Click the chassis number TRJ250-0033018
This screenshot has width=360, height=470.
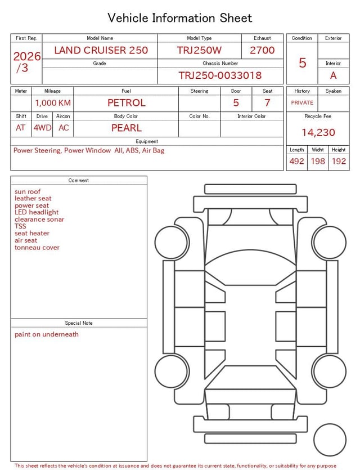[x=220, y=75]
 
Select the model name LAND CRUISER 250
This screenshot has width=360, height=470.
[x=101, y=50]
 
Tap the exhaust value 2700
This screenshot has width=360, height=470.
[x=262, y=50]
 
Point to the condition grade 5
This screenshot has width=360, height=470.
[x=303, y=62]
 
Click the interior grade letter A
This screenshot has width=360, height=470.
[x=334, y=75]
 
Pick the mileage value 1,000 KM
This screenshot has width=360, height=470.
[x=53, y=103]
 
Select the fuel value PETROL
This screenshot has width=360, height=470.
[x=127, y=103]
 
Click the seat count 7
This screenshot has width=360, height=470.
[x=267, y=103]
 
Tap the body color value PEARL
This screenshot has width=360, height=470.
[x=127, y=128]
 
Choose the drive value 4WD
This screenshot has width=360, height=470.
[x=43, y=128]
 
